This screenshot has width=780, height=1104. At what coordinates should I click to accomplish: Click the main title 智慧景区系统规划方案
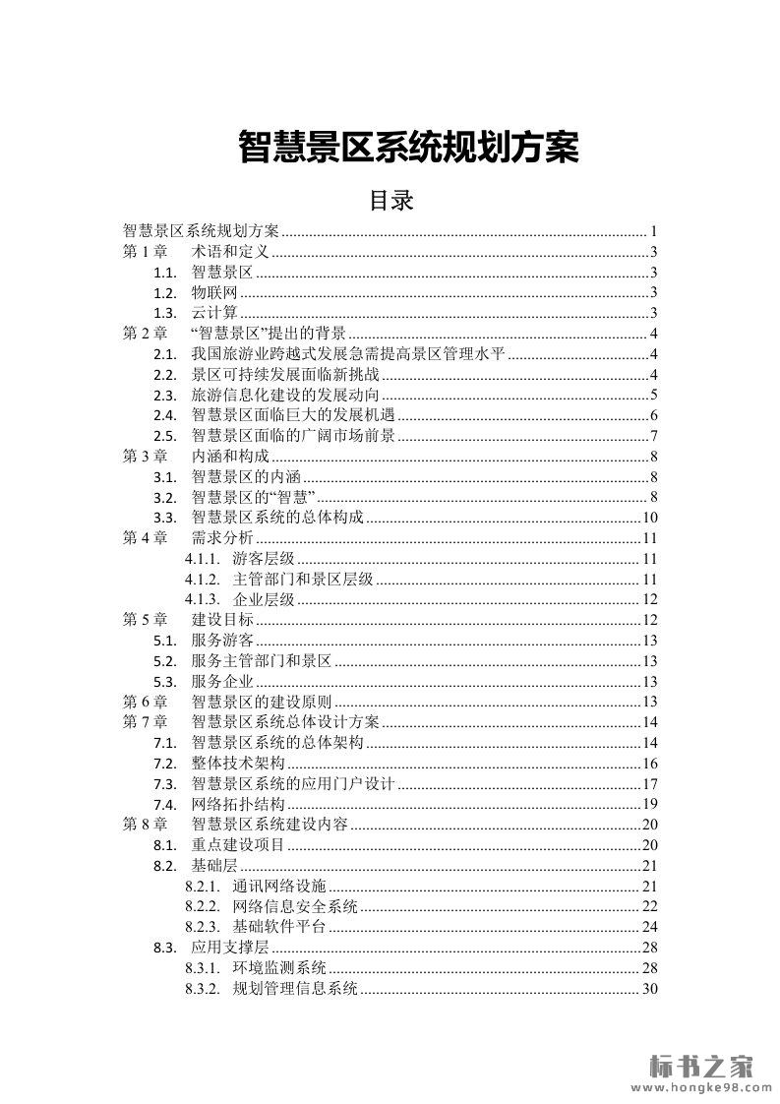click(x=408, y=148)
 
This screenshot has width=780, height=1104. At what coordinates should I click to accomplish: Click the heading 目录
click(x=390, y=201)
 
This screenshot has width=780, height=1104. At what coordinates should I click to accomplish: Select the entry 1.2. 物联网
click(x=214, y=293)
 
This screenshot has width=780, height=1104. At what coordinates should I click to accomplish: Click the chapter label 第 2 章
click(x=145, y=334)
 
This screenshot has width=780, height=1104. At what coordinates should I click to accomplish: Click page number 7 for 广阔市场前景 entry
click(x=653, y=436)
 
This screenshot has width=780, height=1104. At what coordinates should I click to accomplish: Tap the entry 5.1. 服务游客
click(x=222, y=641)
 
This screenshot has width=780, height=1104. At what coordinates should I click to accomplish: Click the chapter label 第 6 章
click(x=145, y=702)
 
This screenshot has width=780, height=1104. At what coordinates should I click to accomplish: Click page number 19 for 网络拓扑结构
click(x=649, y=804)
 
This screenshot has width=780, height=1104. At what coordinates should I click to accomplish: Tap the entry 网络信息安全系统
click(x=295, y=906)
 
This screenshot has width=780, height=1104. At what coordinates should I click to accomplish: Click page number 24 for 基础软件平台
click(x=649, y=927)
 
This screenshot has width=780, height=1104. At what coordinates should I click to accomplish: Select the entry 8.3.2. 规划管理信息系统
click(x=295, y=988)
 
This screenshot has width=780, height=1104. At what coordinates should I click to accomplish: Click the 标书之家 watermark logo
click(x=702, y=1064)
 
